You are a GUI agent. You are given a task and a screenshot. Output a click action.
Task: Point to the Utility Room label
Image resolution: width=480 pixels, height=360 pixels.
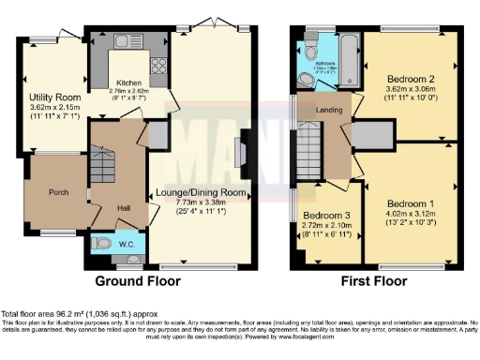pyautogui.click(x=54, y=97)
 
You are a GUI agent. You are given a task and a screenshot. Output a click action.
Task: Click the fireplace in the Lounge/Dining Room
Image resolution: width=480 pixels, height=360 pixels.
pyautogui.click(x=242, y=152)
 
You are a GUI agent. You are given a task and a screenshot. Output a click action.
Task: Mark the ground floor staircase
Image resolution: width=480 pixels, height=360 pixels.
pyautogui.click(x=101, y=169)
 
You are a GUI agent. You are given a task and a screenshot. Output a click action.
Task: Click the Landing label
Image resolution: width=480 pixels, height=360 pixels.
pyautogui.click(x=329, y=110)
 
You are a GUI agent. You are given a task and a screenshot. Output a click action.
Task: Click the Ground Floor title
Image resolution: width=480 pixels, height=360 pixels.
pyautogui.click(x=138, y=280)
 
